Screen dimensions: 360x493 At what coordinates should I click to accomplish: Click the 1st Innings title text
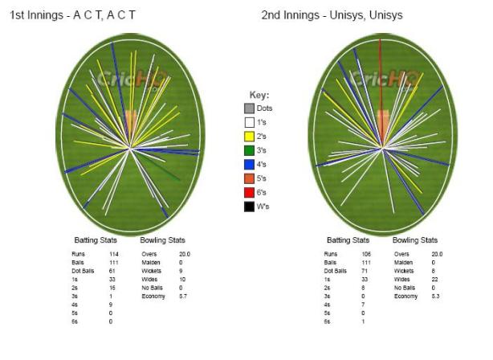pyautogui.click(x=71, y=15)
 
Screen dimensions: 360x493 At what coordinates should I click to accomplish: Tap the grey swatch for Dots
pyautogui.click(x=250, y=107)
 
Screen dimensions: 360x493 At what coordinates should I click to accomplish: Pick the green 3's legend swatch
pyautogui.click(x=250, y=150)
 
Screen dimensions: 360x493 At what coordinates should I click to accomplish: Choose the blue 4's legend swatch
pyautogui.click(x=250, y=164)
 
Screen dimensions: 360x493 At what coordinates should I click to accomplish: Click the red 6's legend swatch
pyautogui.click(x=250, y=193)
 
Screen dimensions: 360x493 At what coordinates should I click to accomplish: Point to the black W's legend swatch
pyautogui.click(x=250, y=207)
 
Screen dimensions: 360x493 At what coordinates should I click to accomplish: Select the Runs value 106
pyautogui.click(x=366, y=254)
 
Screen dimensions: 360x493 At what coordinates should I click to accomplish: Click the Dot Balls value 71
pyautogui.click(x=365, y=270)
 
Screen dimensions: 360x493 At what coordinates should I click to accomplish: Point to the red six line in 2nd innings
pyautogui.click(x=379, y=64)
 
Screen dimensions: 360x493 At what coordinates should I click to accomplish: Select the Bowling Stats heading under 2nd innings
pyautogui.click(x=414, y=240)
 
